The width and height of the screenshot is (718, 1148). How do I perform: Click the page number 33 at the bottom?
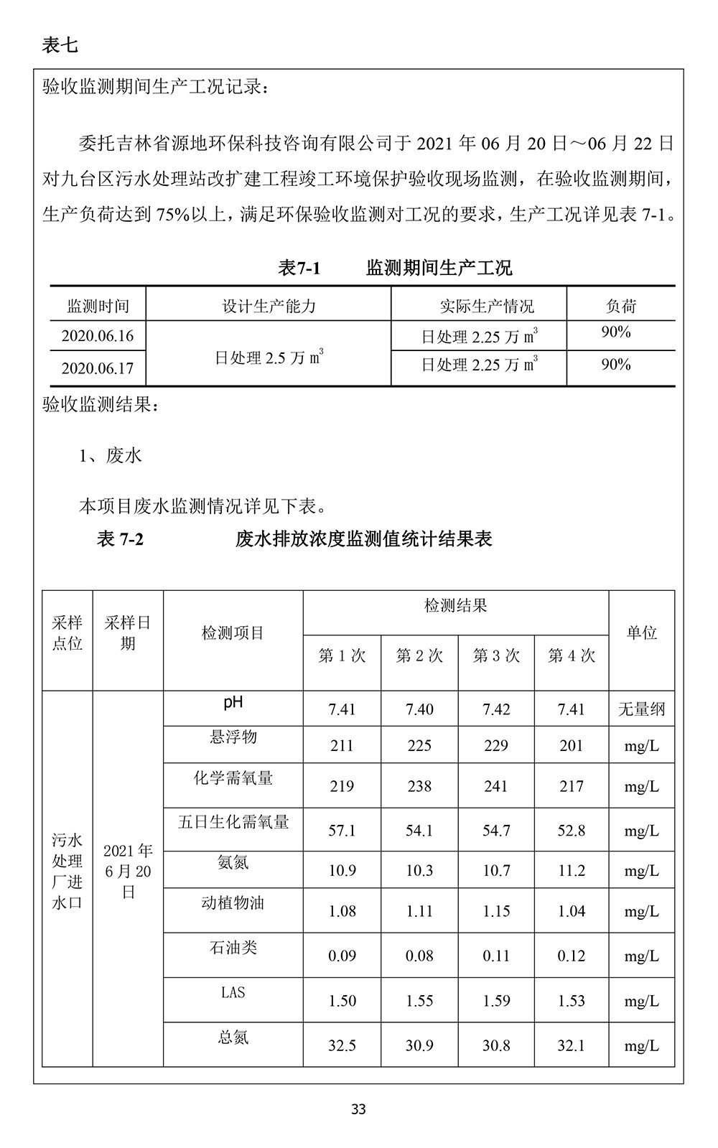pos(359,1109)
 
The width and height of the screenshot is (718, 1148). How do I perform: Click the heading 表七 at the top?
pos(60,46)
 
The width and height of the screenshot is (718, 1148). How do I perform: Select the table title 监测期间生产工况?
pos(439,269)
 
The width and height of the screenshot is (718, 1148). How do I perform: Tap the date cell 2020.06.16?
pos(98,336)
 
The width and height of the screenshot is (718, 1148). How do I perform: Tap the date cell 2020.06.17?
pos(98,368)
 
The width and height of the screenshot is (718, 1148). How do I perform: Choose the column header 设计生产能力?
pos(269,307)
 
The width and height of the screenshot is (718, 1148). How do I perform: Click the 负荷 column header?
pos(620,307)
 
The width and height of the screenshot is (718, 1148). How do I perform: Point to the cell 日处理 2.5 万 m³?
pos(269,357)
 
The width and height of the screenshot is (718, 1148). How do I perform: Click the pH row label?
pos(233,702)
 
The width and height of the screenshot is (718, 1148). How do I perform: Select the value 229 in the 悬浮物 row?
pos(496,746)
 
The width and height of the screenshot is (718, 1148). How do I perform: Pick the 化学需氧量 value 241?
pos(496,787)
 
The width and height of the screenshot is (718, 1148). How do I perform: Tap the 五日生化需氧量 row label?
pos(233,822)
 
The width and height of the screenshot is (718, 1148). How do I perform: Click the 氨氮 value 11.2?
pos(572,871)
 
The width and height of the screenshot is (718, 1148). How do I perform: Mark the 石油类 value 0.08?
pos(419,956)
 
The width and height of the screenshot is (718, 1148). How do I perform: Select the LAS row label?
pos(233,992)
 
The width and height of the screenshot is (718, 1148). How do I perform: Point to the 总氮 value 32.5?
pos(342,1045)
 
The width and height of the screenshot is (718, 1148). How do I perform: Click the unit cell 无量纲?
pos(641,709)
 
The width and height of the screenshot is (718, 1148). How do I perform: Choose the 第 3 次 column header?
pos(496,655)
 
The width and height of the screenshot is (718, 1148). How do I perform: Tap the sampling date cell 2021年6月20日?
pos(128,871)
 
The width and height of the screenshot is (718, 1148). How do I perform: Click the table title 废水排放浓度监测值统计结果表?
pos(363,539)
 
